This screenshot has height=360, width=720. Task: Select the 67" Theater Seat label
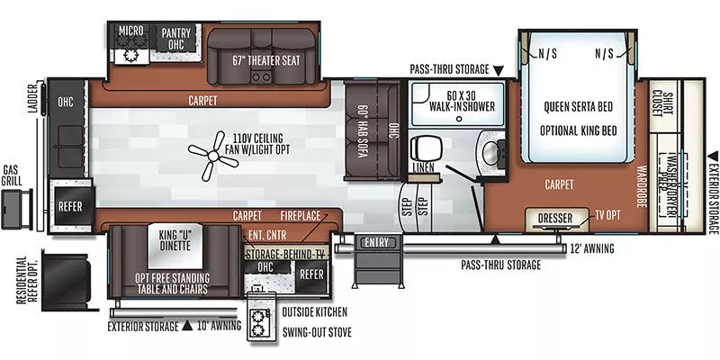[x=265, y=61]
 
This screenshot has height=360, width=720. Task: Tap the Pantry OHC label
[x=175, y=39]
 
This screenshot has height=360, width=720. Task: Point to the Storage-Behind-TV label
[x=284, y=254]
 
